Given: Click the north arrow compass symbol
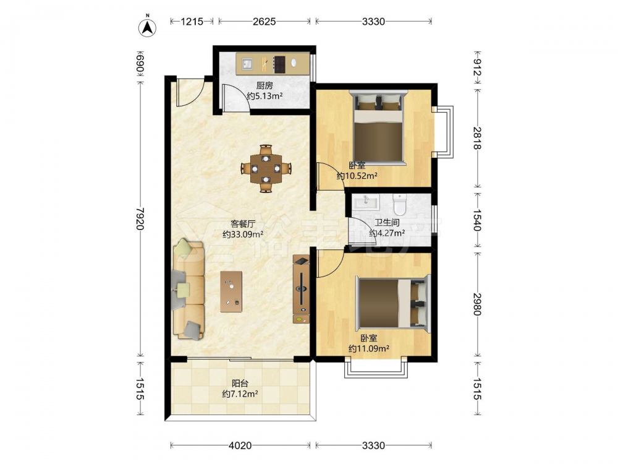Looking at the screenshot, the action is [x=148, y=27].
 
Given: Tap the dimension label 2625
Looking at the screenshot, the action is [x=264, y=21].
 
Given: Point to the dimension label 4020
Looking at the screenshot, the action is [x=240, y=445].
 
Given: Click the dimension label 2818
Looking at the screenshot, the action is [x=477, y=138].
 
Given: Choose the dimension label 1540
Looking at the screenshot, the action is [x=477, y=220].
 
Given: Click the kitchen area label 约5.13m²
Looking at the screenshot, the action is [x=265, y=96].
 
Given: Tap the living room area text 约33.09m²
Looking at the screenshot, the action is [x=243, y=234].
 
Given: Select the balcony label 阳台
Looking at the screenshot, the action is [x=240, y=383].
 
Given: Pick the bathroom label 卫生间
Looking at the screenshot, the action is [x=387, y=223].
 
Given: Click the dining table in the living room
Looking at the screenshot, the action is [x=266, y=168].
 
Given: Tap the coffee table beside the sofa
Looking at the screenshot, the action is [x=231, y=291].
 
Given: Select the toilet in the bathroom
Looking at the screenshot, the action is [x=399, y=203].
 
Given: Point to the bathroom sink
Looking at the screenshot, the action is [x=366, y=202].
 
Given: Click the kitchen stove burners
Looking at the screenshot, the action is [x=279, y=64].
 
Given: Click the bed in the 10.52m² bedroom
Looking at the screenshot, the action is [x=378, y=128].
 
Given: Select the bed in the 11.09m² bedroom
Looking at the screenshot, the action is [x=392, y=303].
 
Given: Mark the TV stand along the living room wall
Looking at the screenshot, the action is [x=301, y=289].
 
